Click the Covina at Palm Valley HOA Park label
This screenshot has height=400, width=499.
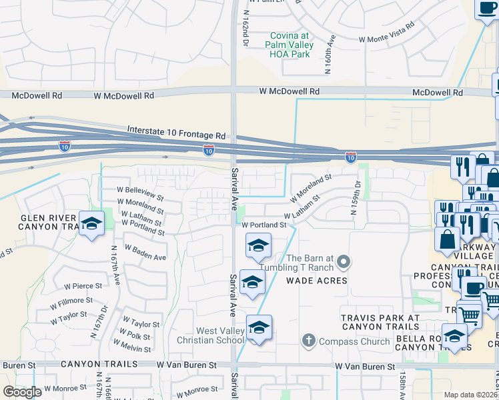[x=290, y=45]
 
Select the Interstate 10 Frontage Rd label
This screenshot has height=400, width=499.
[x=176, y=131]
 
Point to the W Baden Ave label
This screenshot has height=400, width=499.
[x=147, y=254]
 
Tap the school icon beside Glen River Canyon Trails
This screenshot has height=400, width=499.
[x=91, y=223]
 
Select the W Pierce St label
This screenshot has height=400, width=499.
[x=83, y=285]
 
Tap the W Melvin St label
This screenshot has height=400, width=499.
[x=132, y=345]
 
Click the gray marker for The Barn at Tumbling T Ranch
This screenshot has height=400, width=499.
[x=344, y=261]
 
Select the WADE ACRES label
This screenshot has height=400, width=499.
[x=317, y=281]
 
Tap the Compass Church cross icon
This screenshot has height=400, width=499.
[x=308, y=341]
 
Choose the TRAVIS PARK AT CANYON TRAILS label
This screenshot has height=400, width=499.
[x=380, y=322]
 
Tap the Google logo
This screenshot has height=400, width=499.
[x=22, y=391]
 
